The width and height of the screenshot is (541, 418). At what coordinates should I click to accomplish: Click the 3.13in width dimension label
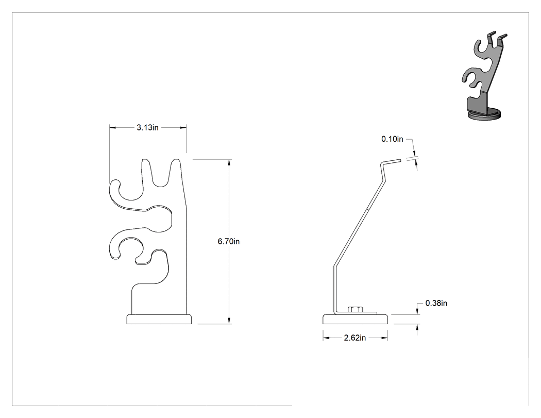click(147, 127)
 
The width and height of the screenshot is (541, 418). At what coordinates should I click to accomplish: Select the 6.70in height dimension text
click(228, 241)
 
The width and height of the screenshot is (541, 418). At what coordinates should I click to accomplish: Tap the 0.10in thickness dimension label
click(392, 139)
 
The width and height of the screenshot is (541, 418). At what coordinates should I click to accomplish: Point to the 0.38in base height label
click(436, 303)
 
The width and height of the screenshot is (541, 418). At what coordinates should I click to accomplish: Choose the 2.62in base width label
click(354, 338)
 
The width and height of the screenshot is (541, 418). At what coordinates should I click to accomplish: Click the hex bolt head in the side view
click(355, 309)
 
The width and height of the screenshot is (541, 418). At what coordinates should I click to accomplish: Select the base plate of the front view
click(159, 319)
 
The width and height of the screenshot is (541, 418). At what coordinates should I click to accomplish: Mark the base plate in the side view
click(355, 319)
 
